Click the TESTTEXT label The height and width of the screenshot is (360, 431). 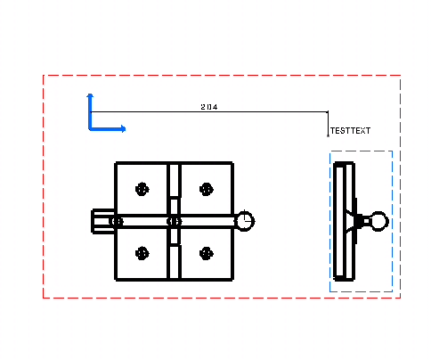point(350,131)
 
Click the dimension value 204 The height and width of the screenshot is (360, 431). point(209,107)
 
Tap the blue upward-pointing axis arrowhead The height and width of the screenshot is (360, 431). point(90,95)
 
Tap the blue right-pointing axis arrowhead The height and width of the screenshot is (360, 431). point(123,129)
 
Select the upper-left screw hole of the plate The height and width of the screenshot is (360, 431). point(142,189)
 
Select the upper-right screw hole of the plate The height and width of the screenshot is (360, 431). point(207,189)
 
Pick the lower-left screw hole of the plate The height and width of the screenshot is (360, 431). point(142,253)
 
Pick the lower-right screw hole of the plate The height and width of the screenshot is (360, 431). point(207,253)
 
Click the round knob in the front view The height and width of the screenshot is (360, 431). point(245,221)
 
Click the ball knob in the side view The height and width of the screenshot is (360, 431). point(378,221)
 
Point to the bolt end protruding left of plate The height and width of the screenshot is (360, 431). point(103,221)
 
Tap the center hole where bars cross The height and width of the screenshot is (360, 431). point(175,221)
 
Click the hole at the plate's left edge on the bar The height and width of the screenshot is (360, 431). point(117,221)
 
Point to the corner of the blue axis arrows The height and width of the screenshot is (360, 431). point(90,129)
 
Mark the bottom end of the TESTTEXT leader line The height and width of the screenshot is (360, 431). point(328,136)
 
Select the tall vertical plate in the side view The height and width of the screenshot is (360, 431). point(344,221)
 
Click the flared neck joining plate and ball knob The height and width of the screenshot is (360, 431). point(355,221)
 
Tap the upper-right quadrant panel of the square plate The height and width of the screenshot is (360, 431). point(207,189)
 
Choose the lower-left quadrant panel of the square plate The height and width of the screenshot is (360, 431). point(142,253)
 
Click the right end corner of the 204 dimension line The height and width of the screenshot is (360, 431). point(328,112)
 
